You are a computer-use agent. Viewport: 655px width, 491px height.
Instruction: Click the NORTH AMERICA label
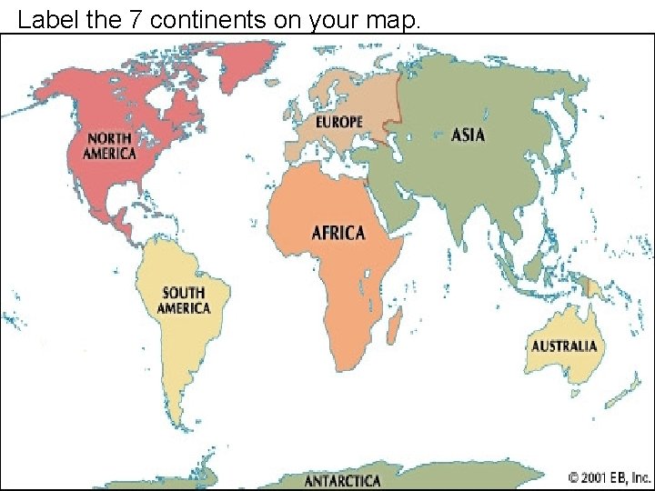point(110,145)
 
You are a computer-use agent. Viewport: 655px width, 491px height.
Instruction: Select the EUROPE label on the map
point(338,121)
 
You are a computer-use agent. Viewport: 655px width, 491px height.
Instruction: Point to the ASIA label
point(469,135)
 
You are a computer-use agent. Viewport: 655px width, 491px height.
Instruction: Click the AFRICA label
point(338,233)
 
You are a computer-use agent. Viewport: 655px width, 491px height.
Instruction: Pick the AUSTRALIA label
point(564,346)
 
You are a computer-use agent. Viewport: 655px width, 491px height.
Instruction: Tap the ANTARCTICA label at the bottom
point(342,480)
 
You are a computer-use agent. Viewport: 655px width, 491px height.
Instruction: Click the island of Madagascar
point(395,323)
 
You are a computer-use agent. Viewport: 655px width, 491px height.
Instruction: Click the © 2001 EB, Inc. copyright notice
point(610,476)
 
